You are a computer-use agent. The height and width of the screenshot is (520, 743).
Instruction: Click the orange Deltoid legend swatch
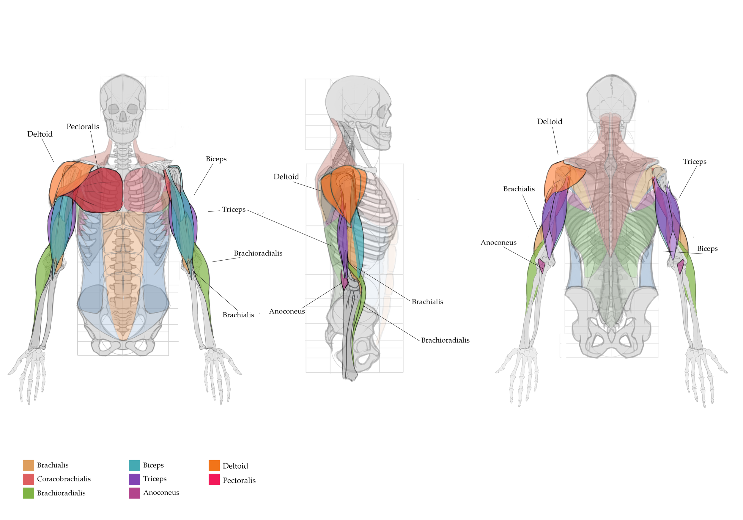tap(214, 465)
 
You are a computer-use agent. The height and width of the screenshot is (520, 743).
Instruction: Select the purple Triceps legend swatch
tap(134, 479)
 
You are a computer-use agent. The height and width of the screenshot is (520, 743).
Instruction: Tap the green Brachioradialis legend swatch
tap(29, 493)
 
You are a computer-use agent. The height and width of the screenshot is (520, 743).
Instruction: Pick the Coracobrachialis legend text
tap(64, 479)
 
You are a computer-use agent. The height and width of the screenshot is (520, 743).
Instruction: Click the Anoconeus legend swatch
tap(134, 493)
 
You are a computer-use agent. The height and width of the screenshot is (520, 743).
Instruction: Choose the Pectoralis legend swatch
tap(214, 479)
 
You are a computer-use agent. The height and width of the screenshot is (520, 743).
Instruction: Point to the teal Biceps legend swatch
tap(134, 465)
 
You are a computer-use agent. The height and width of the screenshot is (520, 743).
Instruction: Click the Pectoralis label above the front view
tap(83, 127)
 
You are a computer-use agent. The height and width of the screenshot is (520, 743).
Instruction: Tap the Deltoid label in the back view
tap(550, 121)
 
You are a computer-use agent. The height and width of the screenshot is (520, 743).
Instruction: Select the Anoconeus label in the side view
tap(287, 311)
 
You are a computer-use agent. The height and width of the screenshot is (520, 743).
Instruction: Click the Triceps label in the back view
tap(695, 161)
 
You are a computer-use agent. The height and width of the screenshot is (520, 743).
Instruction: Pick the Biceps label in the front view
tap(216, 159)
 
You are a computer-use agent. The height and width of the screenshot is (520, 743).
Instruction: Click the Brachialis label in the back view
tap(519, 189)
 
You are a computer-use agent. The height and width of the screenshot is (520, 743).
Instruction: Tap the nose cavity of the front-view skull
tap(123, 116)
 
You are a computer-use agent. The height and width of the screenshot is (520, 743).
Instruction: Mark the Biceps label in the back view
tap(707, 248)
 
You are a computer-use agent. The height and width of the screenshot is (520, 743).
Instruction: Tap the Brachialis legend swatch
tap(29, 465)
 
